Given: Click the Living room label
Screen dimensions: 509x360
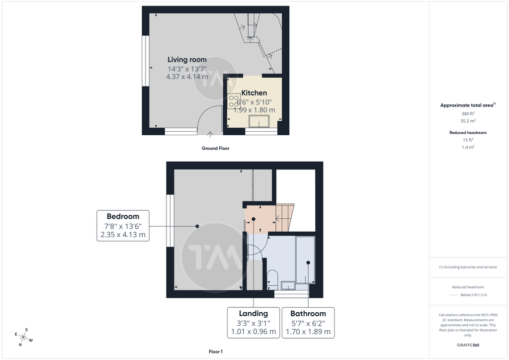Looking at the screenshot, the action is (x=187, y=60).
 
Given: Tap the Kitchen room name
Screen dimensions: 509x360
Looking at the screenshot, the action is (x=254, y=93).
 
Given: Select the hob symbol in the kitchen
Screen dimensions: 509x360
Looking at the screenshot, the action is (x=234, y=100).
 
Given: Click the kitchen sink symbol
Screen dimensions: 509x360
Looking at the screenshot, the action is (x=258, y=121).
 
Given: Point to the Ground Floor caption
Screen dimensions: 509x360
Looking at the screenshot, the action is (x=216, y=148).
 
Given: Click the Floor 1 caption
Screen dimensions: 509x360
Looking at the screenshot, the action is (x=216, y=352).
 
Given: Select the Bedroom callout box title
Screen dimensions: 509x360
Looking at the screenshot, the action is (x=123, y=216).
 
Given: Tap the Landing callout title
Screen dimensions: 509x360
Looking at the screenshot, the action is (x=254, y=314).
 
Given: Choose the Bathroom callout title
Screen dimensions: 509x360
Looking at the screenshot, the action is (x=308, y=314).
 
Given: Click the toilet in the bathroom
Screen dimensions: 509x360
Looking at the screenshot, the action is (x=272, y=279).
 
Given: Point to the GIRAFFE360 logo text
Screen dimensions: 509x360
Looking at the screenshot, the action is (x=468, y=345).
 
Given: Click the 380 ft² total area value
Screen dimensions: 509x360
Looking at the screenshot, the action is (x=468, y=113).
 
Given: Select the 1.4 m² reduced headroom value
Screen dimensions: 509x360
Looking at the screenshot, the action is (x=468, y=147).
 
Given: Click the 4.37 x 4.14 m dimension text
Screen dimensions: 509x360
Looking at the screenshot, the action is (x=187, y=77).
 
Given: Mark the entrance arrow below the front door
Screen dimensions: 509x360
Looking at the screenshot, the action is (x=210, y=135).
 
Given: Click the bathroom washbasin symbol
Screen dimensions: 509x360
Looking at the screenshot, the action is (x=288, y=285).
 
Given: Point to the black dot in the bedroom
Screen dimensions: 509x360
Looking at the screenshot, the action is (x=197, y=226).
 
